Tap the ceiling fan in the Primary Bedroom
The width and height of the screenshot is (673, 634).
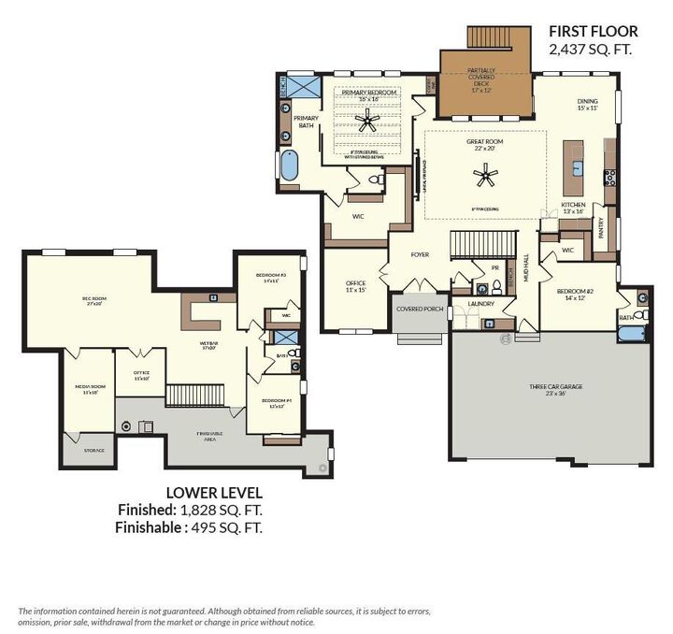pos(369,119)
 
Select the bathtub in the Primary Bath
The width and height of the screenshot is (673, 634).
pos(289,166)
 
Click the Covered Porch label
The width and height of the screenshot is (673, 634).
pos(420,309)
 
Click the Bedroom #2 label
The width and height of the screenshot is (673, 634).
pos(576,295)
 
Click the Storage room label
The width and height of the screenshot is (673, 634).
pos(93,450)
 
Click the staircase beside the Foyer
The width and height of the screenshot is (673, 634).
pos(485,244)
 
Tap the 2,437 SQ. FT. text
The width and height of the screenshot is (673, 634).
pos(591,50)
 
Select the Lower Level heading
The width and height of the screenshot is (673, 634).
pos(214,492)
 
